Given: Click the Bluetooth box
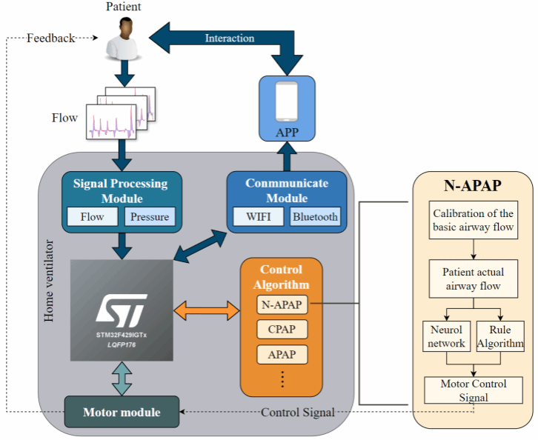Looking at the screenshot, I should [314, 217].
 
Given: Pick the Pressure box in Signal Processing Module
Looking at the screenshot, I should [149, 217].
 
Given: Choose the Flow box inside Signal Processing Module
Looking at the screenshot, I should [93, 217].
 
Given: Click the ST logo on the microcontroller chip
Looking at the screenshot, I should [121, 307].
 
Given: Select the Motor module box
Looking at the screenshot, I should [122, 412].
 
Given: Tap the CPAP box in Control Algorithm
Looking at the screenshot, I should [282, 329].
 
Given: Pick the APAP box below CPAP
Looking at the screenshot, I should [282, 355].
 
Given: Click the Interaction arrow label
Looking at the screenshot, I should [230, 39].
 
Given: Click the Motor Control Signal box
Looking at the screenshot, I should [474, 390].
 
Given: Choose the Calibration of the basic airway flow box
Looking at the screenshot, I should [474, 220].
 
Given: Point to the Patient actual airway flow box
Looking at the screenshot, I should [474, 278].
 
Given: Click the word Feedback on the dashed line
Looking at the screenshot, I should [51, 38].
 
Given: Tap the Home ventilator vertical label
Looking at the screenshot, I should [50, 281].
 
